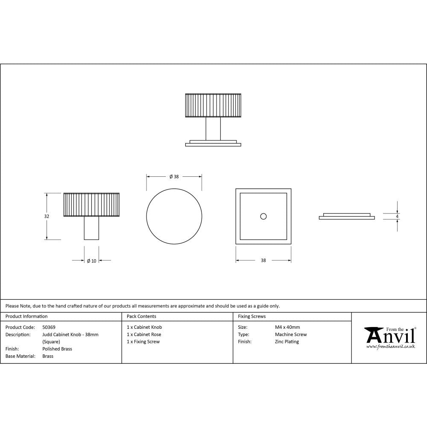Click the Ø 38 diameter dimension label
[174, 177]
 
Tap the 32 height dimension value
[47, 216]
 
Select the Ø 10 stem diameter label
[91, 261]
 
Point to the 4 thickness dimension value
[397, 216]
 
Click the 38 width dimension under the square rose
[263, 260]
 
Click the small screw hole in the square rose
[263, 216]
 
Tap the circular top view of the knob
[174, 216]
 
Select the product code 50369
[49, 328]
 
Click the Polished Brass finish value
[57, 349]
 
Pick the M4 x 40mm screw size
[287, 328]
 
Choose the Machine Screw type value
[291, 335]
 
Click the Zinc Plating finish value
[287, 342]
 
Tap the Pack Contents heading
[141, 316]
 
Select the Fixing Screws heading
[252, 316]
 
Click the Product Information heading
[26, 316]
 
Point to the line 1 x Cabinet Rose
[144, 335]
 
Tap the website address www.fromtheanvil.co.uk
[391, 347]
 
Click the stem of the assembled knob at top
[213, 128]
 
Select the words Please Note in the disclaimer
[17, 306]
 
